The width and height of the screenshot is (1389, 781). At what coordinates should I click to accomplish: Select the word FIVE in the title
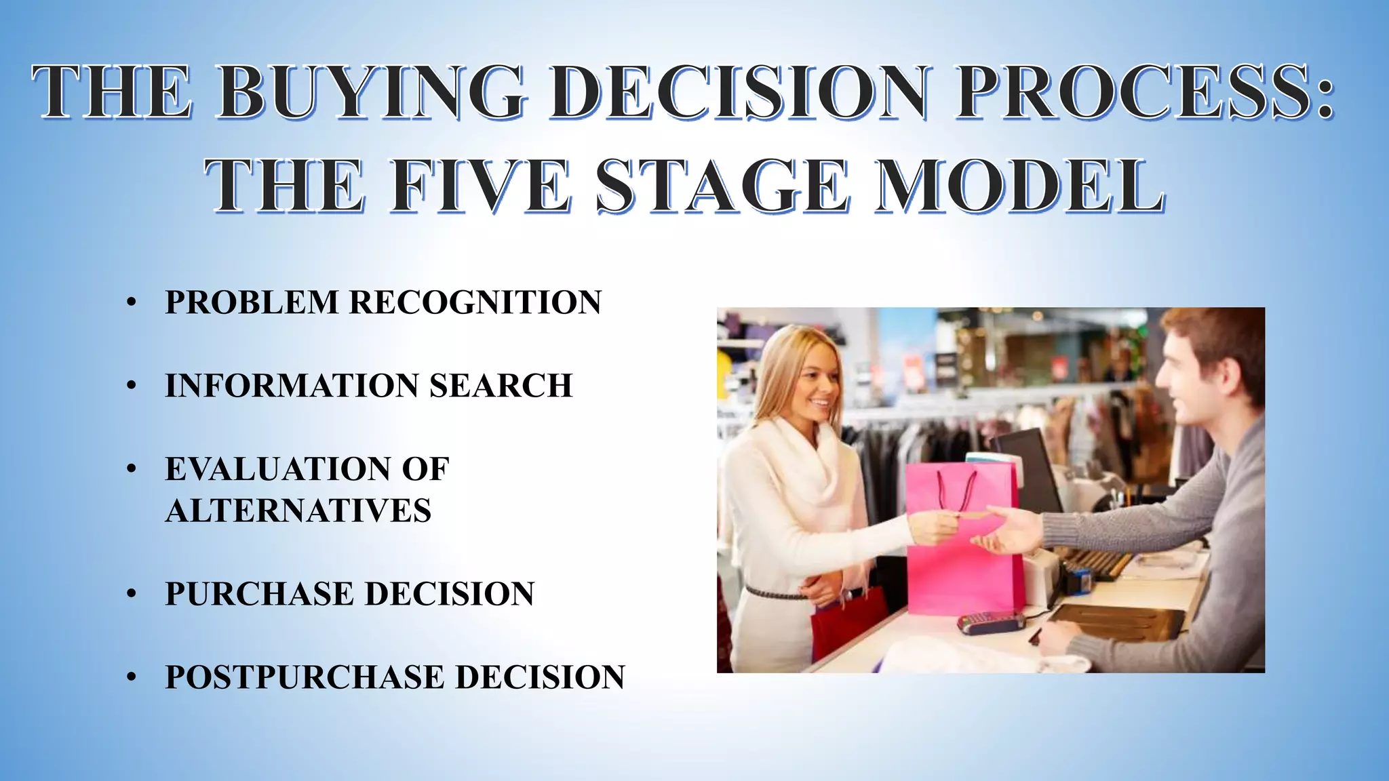pos(480,186)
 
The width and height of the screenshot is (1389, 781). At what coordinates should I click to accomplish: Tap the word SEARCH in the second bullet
pos(501,386)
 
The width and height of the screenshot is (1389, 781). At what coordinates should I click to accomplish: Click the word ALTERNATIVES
pos(298,510)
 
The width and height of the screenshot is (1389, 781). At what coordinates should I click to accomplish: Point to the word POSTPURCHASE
pos(305,677)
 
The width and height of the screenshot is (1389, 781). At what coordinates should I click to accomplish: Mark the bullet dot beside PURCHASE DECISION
pos(132,595)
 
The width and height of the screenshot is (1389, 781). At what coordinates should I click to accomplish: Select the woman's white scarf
pos(810,461)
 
